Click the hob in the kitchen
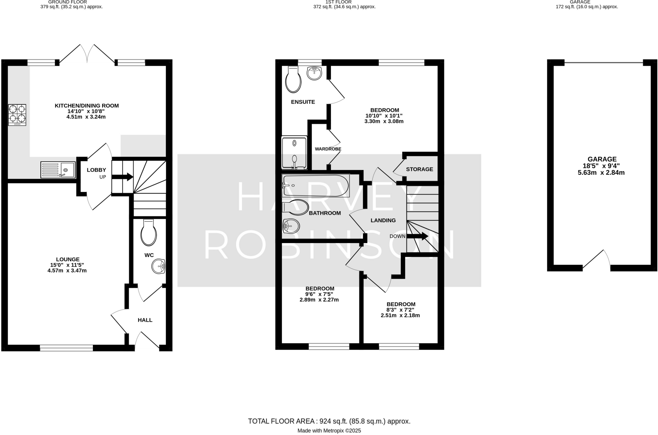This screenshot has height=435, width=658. [17, 115]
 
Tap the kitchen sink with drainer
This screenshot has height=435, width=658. [58, 170]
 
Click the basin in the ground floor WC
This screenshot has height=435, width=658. [158, 266]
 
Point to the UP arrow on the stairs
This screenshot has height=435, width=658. [122, 177]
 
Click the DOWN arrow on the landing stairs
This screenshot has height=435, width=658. [417, 236]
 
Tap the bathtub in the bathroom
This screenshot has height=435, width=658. [315, 186]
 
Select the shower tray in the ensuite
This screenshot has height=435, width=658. [294, 153]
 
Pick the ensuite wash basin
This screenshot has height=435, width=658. [314, 73]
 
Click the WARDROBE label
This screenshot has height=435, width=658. [328, 149]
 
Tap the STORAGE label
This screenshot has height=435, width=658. [419, 169]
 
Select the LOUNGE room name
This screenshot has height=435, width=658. [67, 259]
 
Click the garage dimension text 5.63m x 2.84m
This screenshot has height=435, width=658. [601, 173]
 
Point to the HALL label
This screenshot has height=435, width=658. [145, 320]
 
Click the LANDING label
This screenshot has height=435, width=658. [383, 221]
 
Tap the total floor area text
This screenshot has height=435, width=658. [329, 421]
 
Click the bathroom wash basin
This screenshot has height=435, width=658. [291, 226]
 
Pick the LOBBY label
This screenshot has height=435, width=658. [96, 170]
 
